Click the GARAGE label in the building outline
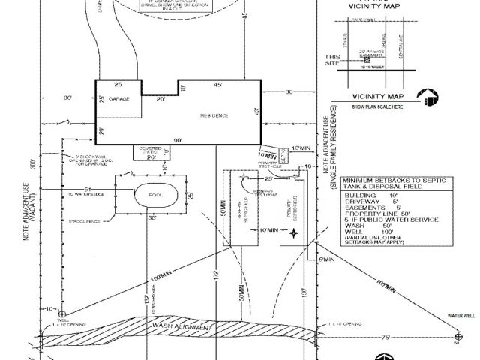(120, 99)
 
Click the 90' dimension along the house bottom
(177, 140)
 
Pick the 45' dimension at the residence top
(218, 85)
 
